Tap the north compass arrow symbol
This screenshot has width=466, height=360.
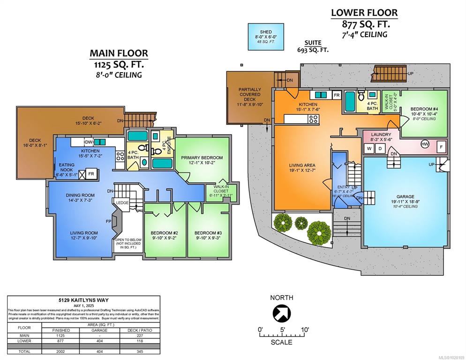pos(282,313)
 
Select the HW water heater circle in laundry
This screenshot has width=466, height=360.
pos(425,144)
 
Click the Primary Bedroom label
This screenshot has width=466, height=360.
pos(203,158)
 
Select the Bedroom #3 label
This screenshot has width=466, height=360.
pos(208,233)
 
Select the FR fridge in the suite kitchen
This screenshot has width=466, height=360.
pos(336,95)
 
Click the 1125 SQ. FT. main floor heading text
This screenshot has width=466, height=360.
pos(119,64)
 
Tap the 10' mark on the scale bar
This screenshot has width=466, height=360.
pos(305,330)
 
